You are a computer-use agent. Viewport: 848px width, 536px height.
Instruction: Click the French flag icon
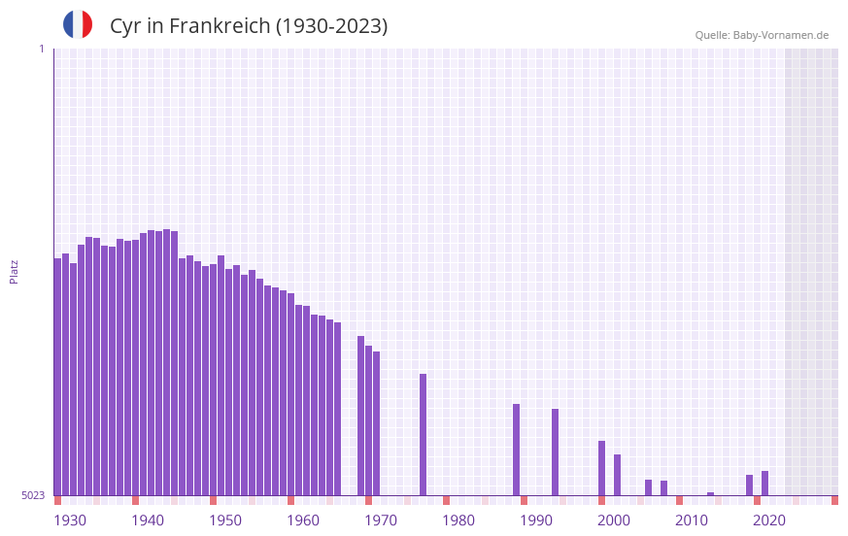click(x=78, y=25)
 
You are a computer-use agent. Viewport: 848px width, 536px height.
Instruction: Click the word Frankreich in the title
click(x=220, y=26)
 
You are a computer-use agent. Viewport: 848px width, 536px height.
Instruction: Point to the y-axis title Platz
click(x=14, y=271)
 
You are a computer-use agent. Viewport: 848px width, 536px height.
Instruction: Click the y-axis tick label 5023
click(x=33, y=495)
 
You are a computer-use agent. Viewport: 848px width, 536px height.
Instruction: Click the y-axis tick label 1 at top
click(x=41, y=49)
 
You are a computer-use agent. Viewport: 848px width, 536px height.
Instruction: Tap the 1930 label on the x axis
click(x=70, y=520)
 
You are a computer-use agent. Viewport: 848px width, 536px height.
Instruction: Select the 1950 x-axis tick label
click(x=225, y=520)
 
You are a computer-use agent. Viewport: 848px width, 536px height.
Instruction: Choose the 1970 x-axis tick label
click(x=381, y=520)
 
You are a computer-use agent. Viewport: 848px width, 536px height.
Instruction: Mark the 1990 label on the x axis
click(x=536, y=520)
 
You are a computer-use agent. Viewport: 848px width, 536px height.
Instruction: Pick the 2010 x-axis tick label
click(x=692, y=520)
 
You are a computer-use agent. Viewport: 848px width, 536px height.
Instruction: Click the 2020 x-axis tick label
click(x=769, y=520)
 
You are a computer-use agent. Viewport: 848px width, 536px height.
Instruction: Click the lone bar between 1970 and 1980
click(x=424, y=434)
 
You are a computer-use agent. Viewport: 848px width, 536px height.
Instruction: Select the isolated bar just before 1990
click(x=517, y=449)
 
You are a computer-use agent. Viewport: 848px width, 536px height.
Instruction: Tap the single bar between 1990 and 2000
click(x=556, y=452)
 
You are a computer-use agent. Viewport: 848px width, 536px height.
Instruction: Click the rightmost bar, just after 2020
click(x=765, y=483)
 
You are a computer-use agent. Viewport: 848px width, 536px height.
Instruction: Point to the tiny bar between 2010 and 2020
click(x=711, y=493)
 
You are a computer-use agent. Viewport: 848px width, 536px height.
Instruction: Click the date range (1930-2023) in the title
click(x=331, y=26)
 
